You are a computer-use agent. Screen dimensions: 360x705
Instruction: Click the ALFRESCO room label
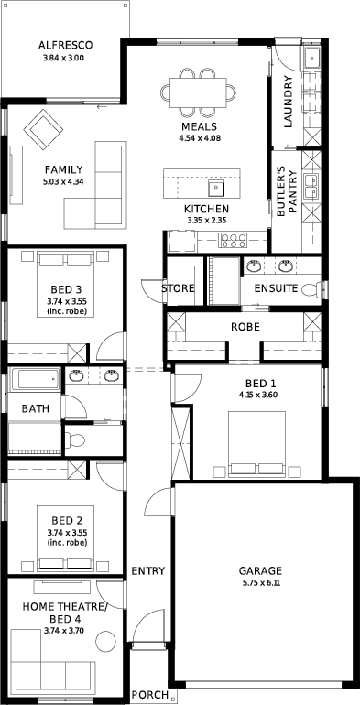pos(65,45)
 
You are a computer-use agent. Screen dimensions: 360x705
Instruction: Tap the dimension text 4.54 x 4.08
pos(199,138)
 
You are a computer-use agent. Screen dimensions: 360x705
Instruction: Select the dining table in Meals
pos(199,92)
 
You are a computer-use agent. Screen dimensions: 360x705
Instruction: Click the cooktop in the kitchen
pos(233,240)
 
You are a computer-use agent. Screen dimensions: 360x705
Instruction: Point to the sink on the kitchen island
pos(216,188)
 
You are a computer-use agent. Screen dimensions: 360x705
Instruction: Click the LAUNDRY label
pos(289,102)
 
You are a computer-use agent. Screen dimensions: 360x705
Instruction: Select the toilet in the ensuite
pos(311,289)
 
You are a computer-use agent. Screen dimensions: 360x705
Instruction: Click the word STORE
pos(179,288)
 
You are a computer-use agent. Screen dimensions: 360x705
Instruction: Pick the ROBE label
pos(245,327)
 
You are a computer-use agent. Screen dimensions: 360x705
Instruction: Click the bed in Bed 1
pos(257,444)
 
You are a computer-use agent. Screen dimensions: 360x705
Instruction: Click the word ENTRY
pos(148,571)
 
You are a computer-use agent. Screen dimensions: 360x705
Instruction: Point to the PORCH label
pos(150,695)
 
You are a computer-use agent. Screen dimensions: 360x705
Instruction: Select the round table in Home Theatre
pos(107,640)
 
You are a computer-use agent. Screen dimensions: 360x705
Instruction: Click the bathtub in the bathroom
pos(35,379)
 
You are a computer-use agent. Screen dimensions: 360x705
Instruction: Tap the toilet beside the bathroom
pos(75,439)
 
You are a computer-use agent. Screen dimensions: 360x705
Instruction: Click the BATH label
pos(36,409)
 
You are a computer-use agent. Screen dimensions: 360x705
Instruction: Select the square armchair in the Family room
pos(43,130)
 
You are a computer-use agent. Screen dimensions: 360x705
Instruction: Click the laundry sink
pos(312,58)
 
